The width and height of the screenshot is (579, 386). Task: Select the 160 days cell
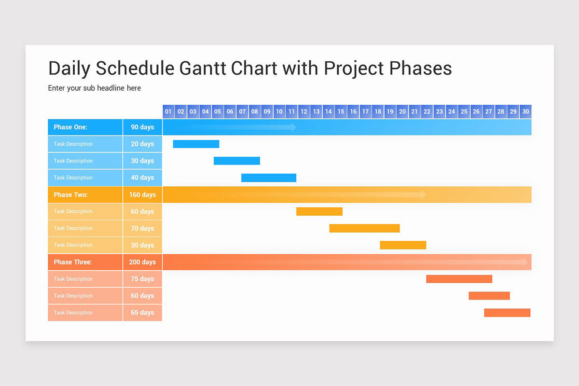pyautogui.click(x=142, y=195)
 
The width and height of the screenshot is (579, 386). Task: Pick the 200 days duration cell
pyautogui.click(x=142, y=262)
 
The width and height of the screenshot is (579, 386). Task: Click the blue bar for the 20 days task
pyautogui.click(x=196, y=144)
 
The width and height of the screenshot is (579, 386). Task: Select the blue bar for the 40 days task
pyautogui.click(x=268, y=178)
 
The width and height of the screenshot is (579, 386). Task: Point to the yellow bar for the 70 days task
pyautogui.click(x=364, y=228)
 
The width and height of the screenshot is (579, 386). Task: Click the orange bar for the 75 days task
pyautogui.click(x=459, y=279)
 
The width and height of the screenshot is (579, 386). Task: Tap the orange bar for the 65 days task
pyautogui.click(x=507, y=313)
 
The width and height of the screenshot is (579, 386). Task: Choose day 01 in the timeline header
pyautogui.click(x=168, y=111)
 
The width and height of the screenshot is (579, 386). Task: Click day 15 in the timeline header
pyautogui.click(x=341, y=111)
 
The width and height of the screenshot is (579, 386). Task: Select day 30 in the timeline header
pyautogui.click(x=525, y=111)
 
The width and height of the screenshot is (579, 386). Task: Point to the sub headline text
pyautogui.click(x=95, y=88)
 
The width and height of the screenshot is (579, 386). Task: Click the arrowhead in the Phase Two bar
pyautogui.click(x=423, y=194)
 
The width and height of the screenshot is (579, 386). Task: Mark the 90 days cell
pyautogui.click(x=142, y=127)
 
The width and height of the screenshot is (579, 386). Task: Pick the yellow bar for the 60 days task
pyautogui.click(x=319, y=211)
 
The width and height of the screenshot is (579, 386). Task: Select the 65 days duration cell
pyautogui.click(x=142, y=313)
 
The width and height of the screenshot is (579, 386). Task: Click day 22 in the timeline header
pyautogui.click(x=427, y=111)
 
